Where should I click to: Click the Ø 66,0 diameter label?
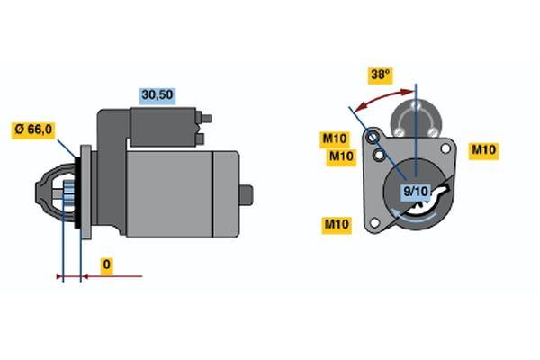(33, 130)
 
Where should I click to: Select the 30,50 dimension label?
(157, 95)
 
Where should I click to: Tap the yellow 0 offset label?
(107, 265)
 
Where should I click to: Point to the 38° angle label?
(380, 75)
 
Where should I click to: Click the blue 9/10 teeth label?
(416, 191)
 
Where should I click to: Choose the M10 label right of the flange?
(483, 150)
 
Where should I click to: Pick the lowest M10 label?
(337, 225)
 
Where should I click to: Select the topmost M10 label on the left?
(335, 139)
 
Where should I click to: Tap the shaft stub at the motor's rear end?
(246, 195)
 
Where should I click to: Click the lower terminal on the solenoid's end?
(200, 139)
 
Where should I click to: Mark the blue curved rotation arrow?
(415, 219)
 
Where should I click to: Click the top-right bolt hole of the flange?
(445, 148)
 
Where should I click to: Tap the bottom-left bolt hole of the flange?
(374, 223)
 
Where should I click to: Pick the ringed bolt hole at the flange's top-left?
(373, 138)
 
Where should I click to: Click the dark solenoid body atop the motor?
(163, 127)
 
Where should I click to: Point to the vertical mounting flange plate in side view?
(85, 192)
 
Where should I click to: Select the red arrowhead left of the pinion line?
(59, 276)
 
